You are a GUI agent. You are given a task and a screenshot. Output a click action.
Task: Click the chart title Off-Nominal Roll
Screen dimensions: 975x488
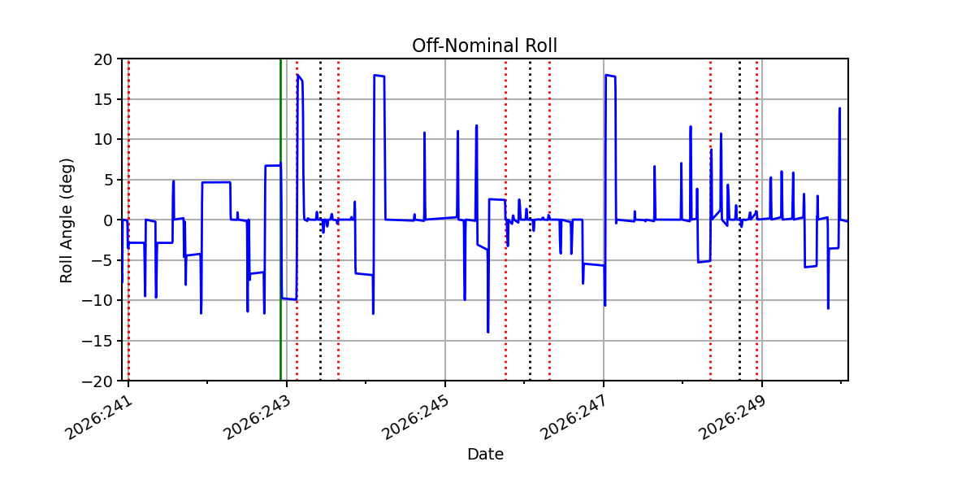484,46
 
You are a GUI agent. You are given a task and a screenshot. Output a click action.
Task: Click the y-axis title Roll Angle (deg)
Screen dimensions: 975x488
66,220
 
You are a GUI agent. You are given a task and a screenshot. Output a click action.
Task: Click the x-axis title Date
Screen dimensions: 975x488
485,455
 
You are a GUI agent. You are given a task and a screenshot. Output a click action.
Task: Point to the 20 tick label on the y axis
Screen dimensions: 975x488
102,59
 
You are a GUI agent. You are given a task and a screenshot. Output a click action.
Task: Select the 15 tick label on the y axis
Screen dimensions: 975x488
102,100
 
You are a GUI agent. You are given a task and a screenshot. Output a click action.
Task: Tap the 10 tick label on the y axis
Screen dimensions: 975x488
102,140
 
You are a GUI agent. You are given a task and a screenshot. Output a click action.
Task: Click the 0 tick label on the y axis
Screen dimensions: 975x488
107,220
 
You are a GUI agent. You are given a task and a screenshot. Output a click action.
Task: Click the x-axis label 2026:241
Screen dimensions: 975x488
100,417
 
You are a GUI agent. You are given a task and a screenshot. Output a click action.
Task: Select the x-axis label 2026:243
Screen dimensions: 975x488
258,417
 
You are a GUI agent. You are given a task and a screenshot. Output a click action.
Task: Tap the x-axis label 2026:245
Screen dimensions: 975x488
416,417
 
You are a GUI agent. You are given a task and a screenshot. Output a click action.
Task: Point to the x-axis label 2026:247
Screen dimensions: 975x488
574,417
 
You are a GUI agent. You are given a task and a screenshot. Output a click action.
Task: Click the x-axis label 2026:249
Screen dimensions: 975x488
733,417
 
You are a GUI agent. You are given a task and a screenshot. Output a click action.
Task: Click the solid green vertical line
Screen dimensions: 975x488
281,220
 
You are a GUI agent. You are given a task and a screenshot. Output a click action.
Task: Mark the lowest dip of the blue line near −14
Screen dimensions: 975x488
488,333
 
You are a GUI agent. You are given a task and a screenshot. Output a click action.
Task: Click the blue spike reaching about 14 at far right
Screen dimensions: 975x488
839,108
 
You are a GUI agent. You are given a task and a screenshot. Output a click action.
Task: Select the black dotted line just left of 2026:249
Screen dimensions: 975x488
739,220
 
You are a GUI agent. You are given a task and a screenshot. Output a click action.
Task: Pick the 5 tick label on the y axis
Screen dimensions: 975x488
107,180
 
